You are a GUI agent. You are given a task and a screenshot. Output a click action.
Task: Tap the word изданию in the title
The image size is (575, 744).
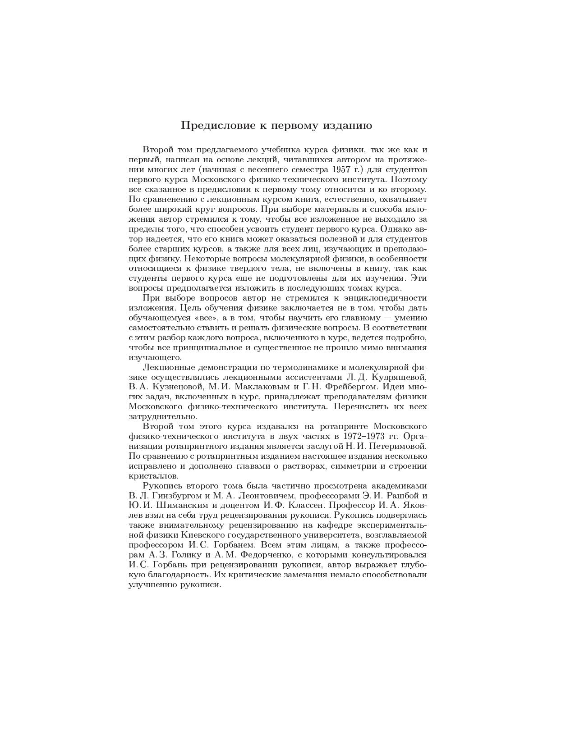coord(347,126)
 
